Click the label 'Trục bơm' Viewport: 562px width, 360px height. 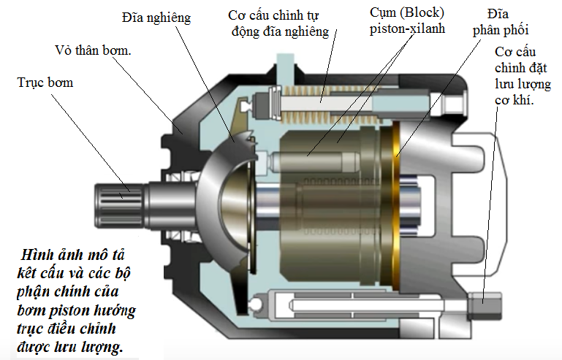pos(45,83)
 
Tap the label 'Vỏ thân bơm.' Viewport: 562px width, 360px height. pos(94,50)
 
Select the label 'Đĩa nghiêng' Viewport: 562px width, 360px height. pos(156,18)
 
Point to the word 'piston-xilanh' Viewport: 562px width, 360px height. pos(407,29)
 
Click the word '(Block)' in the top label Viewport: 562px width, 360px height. pos(422,13)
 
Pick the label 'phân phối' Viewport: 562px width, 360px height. pos(501,30)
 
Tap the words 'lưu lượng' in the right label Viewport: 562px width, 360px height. pos(523,84)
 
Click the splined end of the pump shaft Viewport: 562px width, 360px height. pos(119,207)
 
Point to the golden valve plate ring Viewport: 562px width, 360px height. pos(395,206)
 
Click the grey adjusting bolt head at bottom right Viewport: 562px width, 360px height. pos(485,305)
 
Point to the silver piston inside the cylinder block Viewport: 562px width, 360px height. pos(316,162)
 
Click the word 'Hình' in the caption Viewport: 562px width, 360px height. pos(36,255)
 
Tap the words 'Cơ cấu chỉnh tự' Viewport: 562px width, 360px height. pos(273,15)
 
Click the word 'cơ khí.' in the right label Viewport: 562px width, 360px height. pos(514,100)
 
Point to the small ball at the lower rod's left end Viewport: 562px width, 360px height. pos(257,305)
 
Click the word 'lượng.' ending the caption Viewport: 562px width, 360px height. pos(103,347)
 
